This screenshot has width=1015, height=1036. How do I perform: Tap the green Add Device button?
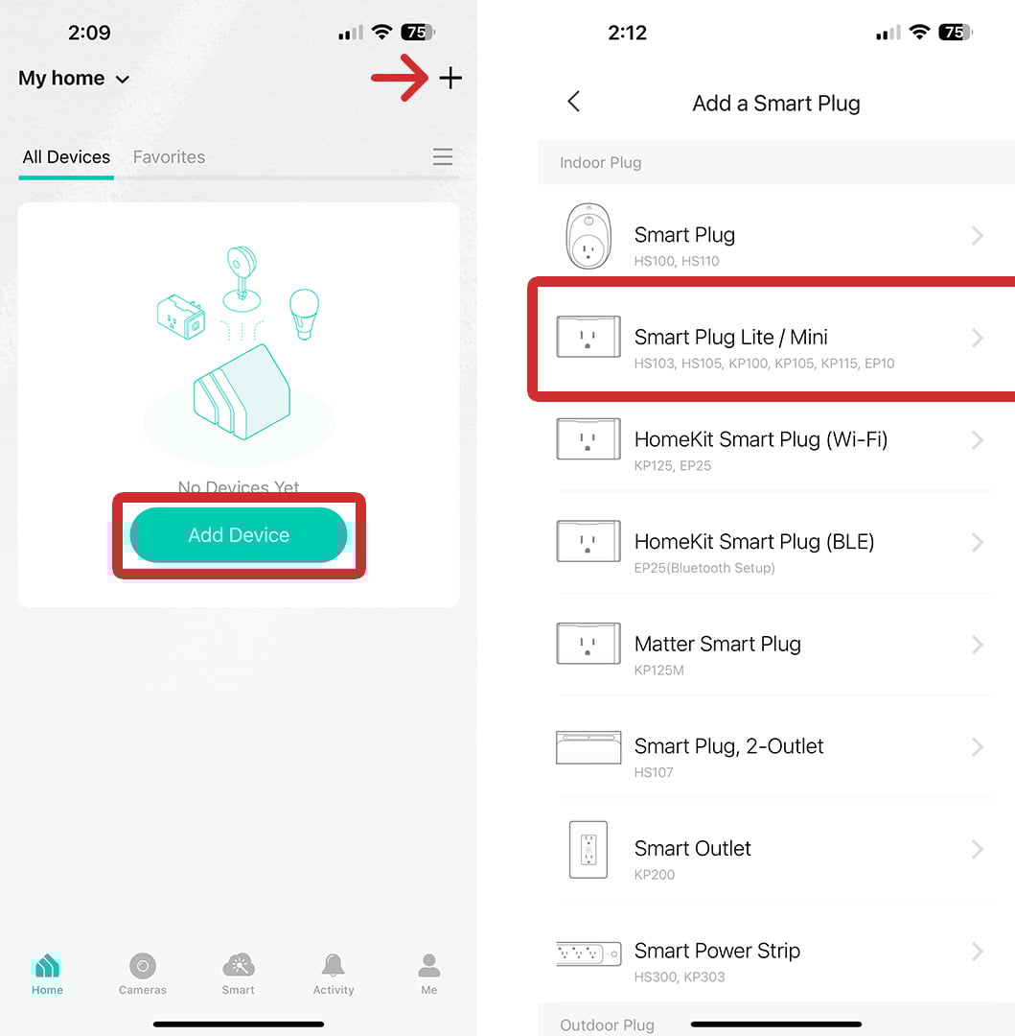pos(239,535)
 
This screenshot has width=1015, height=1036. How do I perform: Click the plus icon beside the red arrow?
pos(450,79)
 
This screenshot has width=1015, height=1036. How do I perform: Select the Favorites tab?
pos(169,157)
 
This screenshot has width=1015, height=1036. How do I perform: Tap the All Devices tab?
pos(66,157)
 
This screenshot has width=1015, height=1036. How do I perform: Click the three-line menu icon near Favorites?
pos(442,156)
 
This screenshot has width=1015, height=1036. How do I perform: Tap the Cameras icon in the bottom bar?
pos(143,967)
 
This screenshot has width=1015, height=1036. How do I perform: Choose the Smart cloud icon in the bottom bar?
pos(238,965)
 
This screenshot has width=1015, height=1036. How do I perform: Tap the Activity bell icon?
pos(334,965)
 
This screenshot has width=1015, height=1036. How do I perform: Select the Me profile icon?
pos(428,965)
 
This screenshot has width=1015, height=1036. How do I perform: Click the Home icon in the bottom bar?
pos(47,966)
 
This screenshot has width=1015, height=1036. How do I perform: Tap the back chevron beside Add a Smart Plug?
pos(574,102)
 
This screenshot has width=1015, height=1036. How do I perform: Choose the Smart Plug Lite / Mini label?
pos(730,337)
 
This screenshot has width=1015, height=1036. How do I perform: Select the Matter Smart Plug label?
pos(717,644)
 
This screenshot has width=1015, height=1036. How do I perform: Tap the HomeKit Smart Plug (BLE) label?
pos(754,542)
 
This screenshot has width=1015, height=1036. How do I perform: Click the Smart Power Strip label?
pos(717,951)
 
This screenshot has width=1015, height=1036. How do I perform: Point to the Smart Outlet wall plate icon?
pos(588,849)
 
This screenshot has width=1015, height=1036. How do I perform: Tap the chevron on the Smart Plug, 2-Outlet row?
pos(977,746)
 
